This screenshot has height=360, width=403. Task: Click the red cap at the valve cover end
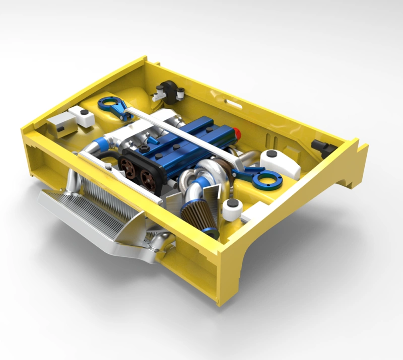[237, 133]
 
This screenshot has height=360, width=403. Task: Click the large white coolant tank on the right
[280, 163]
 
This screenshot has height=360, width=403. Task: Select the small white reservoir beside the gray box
[83, 115]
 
